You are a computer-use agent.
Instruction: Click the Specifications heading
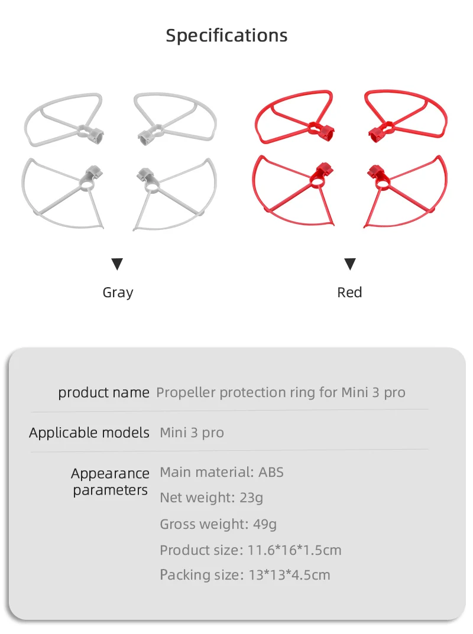coord(226,35)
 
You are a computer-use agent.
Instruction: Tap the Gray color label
coord(118,292)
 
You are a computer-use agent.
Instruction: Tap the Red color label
coord(349,292)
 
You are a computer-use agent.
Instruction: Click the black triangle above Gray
coord(117,264)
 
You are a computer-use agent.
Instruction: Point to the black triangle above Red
coord(350,264)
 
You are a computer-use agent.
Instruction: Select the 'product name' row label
coord(103,393)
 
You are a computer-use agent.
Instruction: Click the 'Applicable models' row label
coord(89,433)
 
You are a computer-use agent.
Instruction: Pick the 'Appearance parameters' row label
coord(110,482)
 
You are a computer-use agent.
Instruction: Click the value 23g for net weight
coord(251,498)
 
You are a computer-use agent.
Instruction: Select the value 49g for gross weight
coord(265,524)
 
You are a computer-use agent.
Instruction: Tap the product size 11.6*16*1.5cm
coord(294,551)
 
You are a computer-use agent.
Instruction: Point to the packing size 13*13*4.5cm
coord(289,575)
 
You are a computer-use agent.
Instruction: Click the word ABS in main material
coord(271,472)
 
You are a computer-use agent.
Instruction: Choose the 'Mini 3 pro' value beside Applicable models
coord(192,433)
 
